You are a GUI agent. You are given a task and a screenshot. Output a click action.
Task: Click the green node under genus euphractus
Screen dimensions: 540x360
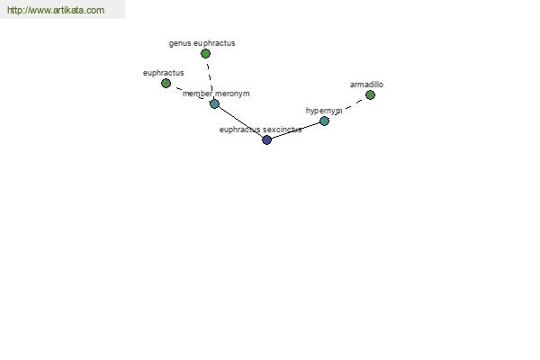click(205, 53)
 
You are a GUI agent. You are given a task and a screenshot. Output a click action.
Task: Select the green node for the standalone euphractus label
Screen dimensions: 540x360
click(166, 83)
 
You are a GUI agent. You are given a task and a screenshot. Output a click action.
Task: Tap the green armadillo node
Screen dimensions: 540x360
click(370, 94)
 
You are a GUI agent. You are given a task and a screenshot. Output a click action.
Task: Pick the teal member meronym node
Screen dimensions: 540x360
click(214, 103)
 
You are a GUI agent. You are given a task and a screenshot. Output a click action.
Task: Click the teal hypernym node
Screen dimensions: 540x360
click(324, 121)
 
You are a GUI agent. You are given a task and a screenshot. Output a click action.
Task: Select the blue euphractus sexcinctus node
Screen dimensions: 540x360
click(267, 139)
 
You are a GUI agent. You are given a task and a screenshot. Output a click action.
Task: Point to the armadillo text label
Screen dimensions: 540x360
click(366, 85)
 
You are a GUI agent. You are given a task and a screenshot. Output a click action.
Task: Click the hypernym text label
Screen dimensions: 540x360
click(324, 111)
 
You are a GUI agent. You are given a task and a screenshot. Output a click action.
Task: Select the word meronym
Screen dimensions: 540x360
click(232, 94)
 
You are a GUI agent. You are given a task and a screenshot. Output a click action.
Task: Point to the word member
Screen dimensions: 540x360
click(198, 94)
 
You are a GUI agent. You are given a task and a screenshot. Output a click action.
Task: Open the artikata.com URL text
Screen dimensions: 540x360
click(56, 10)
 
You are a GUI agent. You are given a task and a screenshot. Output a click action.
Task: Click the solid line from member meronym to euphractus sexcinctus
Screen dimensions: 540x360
click(240, 121)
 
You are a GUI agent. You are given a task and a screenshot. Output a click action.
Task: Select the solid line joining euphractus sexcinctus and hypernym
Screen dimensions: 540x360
click(295, 130)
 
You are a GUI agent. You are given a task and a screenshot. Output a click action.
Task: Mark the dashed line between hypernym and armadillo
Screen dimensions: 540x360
click(347, 107)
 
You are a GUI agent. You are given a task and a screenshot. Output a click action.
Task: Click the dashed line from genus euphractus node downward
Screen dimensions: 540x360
click(210, 78)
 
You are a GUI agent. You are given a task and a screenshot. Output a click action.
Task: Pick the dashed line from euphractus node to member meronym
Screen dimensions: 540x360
click(190, 94)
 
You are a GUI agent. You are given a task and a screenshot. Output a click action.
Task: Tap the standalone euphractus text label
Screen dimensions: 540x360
click(163, 73)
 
